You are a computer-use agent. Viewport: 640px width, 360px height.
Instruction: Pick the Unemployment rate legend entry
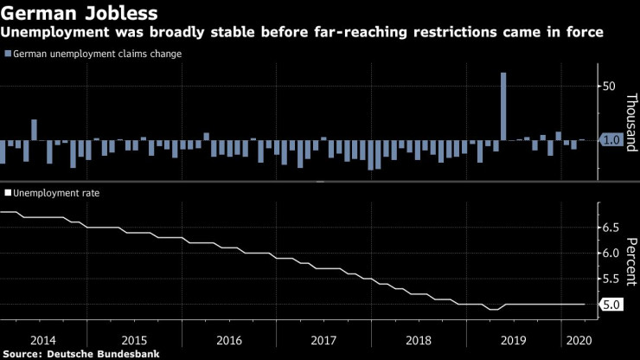pos(53,193)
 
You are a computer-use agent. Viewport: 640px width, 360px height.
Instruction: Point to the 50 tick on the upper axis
pos(609,87)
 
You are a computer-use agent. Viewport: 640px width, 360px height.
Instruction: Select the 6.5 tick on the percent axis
pos(611,228)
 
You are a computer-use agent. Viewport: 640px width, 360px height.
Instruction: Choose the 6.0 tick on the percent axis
pos(611,254)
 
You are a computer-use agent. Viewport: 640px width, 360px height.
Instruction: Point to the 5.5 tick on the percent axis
pos(611,279)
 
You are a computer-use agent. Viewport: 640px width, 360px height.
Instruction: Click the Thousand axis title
pos(631,120)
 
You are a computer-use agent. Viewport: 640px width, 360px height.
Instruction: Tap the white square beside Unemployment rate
pos(9,193)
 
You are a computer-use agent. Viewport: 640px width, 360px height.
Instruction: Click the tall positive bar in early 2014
pos(34,130)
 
